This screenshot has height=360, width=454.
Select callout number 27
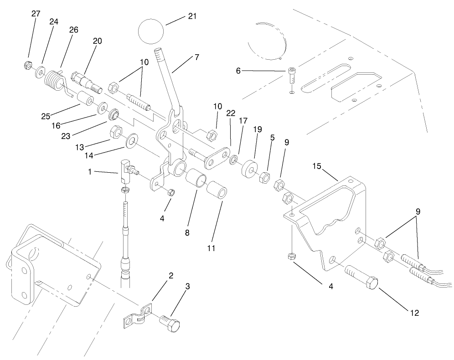(x=36, y=14)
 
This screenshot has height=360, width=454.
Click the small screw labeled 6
(x=292, y=74)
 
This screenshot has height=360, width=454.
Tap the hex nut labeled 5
(x=264, y=177)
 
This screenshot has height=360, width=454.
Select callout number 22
(x=231, y=113)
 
